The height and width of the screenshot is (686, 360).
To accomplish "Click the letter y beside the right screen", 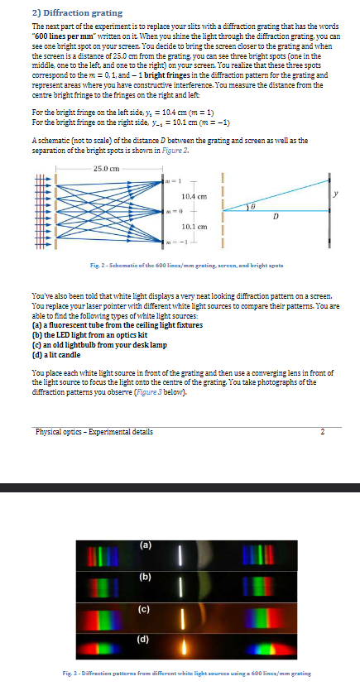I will pyautogui.click(x=336, y=194).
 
